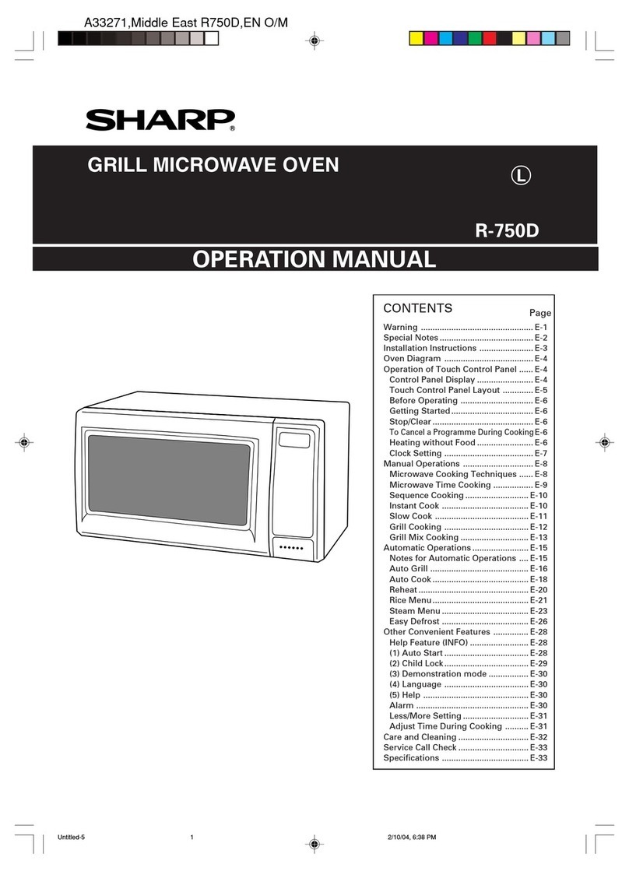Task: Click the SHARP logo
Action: click(160, 120)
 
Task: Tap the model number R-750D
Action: click(507, 231)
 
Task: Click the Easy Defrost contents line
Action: click(415, 622)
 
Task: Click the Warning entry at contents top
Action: click(401, 327)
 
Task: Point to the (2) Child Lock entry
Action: click(416, 663)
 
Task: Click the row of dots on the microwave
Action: click(292, 549)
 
